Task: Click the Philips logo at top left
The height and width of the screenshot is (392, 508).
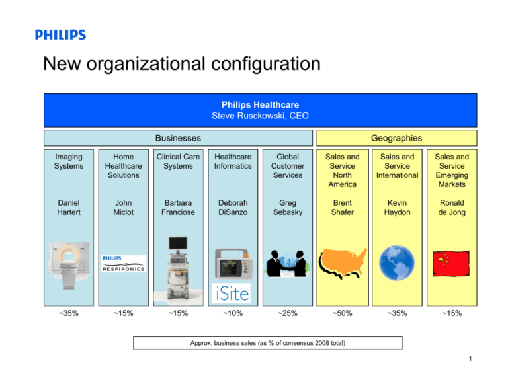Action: tap(60, 35)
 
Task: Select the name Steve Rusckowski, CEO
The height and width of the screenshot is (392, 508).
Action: tap(260, 116)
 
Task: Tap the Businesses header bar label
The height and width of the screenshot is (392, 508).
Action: tap(178, 138)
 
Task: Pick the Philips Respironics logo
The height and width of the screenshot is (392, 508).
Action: tap(122, 264)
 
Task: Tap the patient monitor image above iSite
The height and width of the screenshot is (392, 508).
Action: tap(233, 263)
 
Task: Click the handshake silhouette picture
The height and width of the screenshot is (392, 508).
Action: tap(286, 265)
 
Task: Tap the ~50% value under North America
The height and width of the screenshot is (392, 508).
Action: tap(342, 315)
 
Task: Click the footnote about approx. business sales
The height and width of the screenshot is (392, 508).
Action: tap(267, 343)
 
